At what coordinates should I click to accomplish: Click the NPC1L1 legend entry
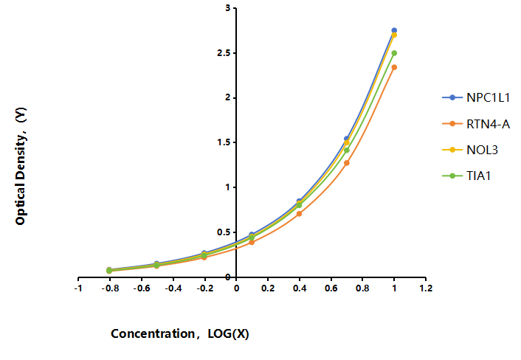pyautogui.click(x=476, y=97)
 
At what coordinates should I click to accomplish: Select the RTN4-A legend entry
pyautogui.click(x=476, y=124)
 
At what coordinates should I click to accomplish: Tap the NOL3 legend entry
pyautogui.click(x=470, y=150)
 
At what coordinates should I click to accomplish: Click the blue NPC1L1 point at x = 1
pyautogui.click(x=394, y=30)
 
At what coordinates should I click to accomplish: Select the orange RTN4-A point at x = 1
pyautogui.click(x=394, y=67)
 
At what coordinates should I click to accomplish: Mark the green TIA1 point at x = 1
pyautogui.click(x=394, y=53)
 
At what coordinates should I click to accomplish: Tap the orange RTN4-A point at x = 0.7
pyautogui.click(x=347, y=163)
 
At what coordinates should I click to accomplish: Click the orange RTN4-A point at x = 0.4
pyautogui.click(x=299, y=213)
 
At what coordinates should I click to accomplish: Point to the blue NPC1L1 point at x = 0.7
pyautogui.click(x=347, y=139)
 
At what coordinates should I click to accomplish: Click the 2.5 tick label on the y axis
pyautogui.click(x=224, y=53)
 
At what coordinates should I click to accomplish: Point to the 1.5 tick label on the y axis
pyautogui.click(x=224, y=142)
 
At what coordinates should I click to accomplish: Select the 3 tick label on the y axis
pyautogui.click(x=227, y=8)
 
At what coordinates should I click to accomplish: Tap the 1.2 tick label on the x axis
pyautogui.click(x=426, y=288)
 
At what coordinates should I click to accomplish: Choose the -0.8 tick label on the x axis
pyautogui.click(x=110, y=288)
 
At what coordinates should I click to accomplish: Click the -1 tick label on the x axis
pyautogui.click(x=78, y=288)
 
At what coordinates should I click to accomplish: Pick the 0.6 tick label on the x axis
pyautogui.click(x=331, y=288)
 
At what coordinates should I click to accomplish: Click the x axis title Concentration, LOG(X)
pyautogui.click(x=180, y=333)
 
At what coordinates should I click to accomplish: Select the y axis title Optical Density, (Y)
pyautogui.click(x=21, y=166)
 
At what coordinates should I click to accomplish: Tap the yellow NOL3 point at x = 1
pyautogui.click(x=394, y=35)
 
